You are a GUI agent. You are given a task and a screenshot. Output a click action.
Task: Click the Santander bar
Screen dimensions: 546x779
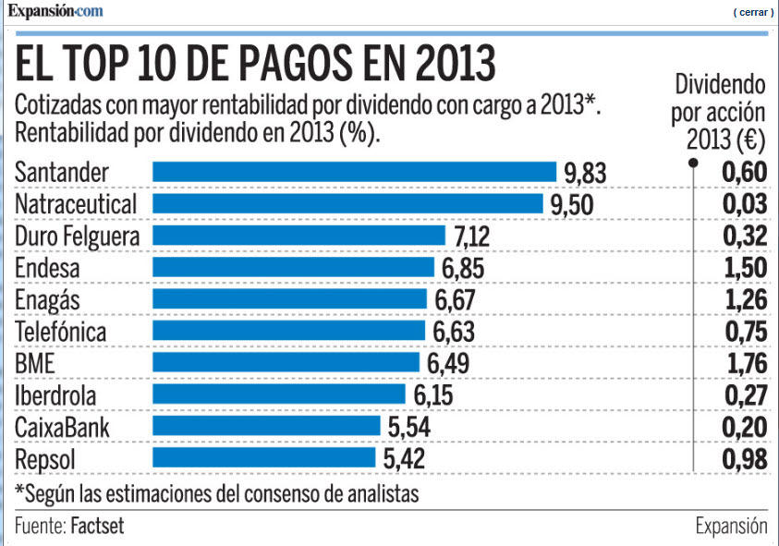click(x=354, y=173)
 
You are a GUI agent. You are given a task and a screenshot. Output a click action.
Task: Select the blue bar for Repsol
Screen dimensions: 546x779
click(x=264, y=458)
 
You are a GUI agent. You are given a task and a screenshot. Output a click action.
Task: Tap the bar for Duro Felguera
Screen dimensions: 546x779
click(x=300, y=237)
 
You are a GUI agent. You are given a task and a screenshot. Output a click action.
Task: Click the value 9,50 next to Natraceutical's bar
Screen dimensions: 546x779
click(x=571, y=205)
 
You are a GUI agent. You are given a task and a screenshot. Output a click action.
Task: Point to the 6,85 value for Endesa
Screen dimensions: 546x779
click(x=462, y=269)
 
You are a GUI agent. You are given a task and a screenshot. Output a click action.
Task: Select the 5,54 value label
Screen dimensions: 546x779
click(x=408, y=427)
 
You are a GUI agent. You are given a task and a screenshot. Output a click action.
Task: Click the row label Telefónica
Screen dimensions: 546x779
click(x=61, y=332)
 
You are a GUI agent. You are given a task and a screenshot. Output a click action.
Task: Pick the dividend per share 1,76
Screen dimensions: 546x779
click(x=745, y=363)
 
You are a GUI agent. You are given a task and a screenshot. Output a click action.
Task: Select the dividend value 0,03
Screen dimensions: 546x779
click(x=745, y=205)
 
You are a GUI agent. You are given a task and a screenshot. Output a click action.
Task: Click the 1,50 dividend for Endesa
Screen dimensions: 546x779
click(x=745, y=269)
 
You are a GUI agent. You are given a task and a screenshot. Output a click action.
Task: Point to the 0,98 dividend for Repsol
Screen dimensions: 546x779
click(x=745, y=458)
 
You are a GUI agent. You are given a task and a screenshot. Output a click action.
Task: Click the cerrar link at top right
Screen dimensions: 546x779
click(x=753, y=12)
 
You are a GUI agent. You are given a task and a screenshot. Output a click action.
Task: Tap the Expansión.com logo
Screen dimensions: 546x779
click(x=55, y=11)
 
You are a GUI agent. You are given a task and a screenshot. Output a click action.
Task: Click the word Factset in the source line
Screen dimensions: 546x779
click(x=97, y=527)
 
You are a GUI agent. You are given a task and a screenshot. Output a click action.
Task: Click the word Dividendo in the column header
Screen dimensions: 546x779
click(x=721, y=86)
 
